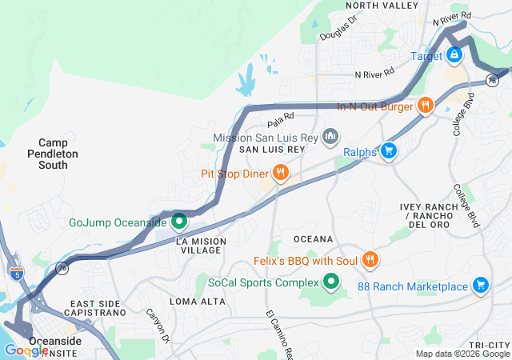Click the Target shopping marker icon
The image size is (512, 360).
(x=454, y=55)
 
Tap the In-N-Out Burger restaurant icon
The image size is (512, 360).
(x=425, y=105)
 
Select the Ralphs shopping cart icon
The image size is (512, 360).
(x=389, y=150)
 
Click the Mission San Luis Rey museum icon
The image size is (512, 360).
(x=329, y=138)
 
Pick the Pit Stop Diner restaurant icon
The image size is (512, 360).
(x=280, y=172)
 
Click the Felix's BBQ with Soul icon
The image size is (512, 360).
(x=370, y=259)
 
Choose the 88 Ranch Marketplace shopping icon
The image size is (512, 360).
(x=480, y=285)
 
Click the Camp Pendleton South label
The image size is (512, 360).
(x=53, y=153)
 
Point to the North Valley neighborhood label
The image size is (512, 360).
(x=382, y=6)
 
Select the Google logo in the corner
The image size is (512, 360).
(x=26, y=350)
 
